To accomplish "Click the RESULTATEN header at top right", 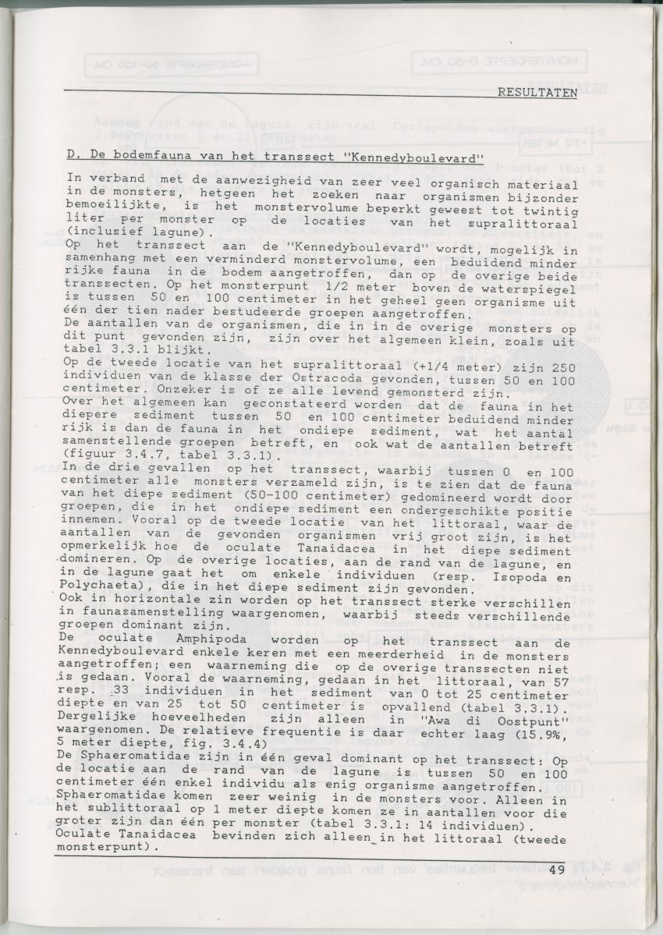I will (x=537, y=93).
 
